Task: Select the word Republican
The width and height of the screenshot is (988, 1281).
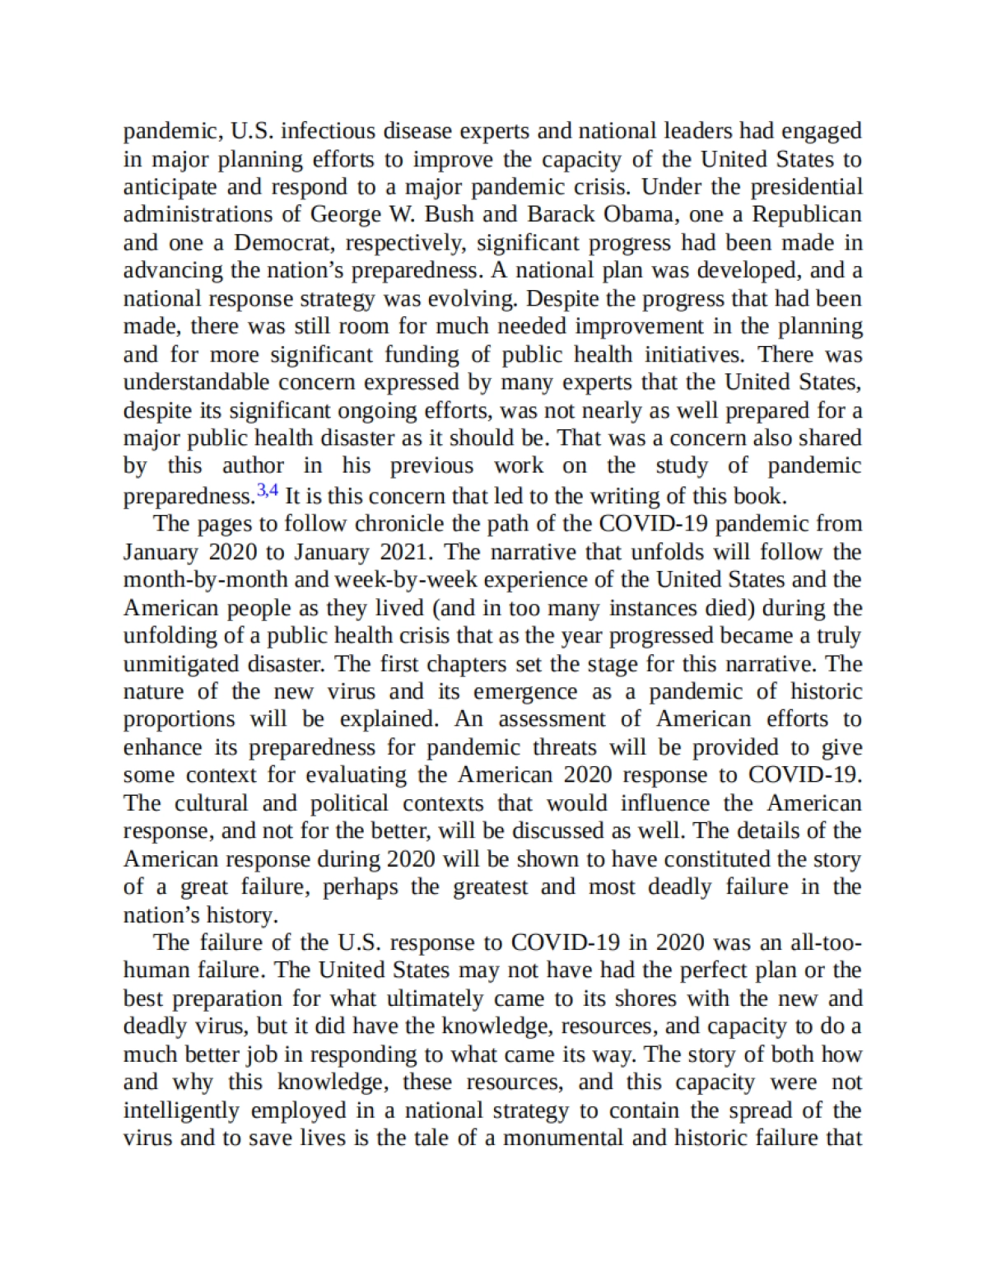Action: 807,215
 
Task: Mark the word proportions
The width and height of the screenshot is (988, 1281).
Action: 179,719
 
